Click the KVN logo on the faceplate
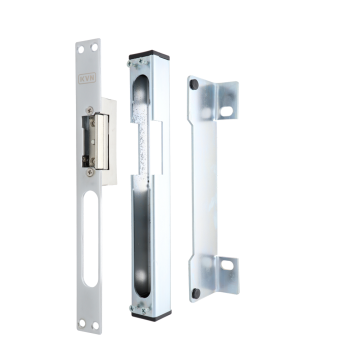[x=87, y=78]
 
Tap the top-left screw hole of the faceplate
[x=81, y=49]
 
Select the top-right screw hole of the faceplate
[x=94, y=48]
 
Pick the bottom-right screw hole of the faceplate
[x=94, y=325]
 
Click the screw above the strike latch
[x=90, y=110]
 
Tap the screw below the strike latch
[x=90, y=171]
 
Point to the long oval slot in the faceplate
[x=90, y=239]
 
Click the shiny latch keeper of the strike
[x=102, y=141]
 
